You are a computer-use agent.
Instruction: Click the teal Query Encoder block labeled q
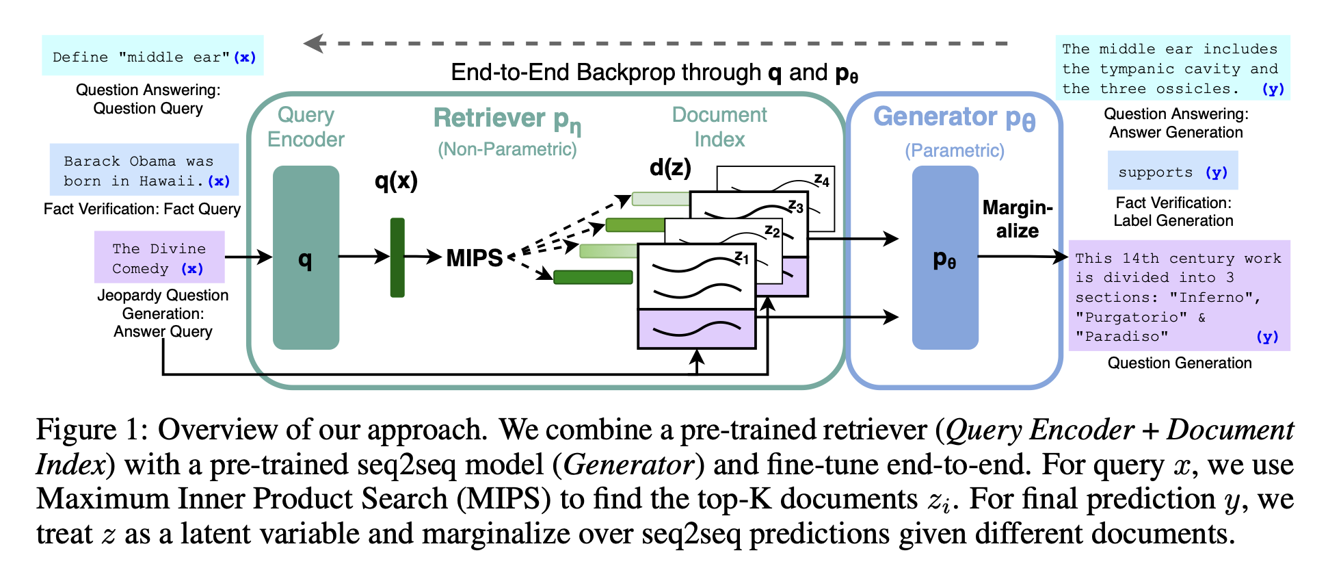click(306, 257)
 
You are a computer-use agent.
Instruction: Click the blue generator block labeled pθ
click(945, 257)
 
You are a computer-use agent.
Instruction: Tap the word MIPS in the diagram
click(475, 258)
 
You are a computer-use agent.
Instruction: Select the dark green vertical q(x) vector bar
click(397, 257)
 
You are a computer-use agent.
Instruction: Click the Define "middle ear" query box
click(152, 55)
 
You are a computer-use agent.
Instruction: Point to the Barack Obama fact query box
click(144, 170)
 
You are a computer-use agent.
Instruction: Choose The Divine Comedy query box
click(159, 257)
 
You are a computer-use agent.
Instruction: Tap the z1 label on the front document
click(742, 258)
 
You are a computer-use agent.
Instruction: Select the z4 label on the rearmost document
click(821, 180)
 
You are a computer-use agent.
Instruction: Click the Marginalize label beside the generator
click(1018, 219)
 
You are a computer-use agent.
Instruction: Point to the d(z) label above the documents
click(670, 167)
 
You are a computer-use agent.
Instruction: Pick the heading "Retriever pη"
click(507, 120)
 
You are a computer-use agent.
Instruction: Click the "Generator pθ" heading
click(955, 118)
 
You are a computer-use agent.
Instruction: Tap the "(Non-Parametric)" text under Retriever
click(507, 149)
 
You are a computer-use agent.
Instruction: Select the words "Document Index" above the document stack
click(719, 127)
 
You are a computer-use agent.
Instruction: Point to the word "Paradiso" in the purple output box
click(1121, 337)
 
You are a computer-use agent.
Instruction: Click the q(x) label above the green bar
click(396, 181)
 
